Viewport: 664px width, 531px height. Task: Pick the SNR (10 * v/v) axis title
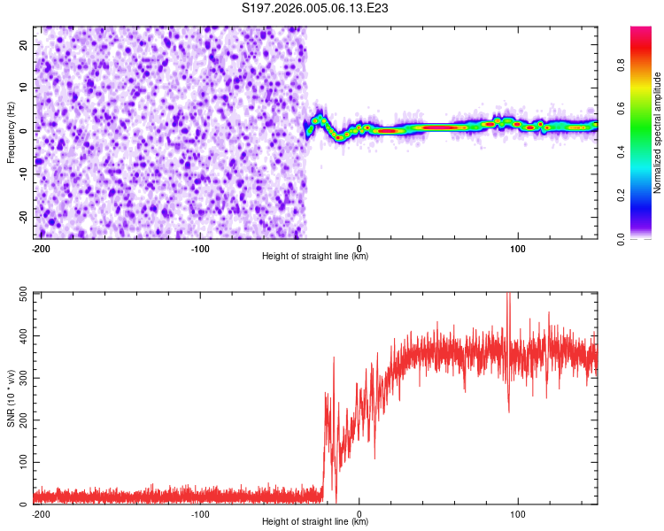coord(12,398)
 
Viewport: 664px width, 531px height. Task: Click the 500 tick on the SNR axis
coord(21,293)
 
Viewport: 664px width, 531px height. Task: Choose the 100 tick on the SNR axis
coord(21,463)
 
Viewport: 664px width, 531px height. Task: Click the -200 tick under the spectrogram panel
coord(40,248)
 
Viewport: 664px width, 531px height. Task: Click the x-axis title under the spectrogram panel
coord(315,257)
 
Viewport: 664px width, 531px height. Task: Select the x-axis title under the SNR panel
coord(315,522)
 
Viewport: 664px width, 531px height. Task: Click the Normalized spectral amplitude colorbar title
coord(657,133)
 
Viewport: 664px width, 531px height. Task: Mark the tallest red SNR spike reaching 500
coord(508,296)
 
